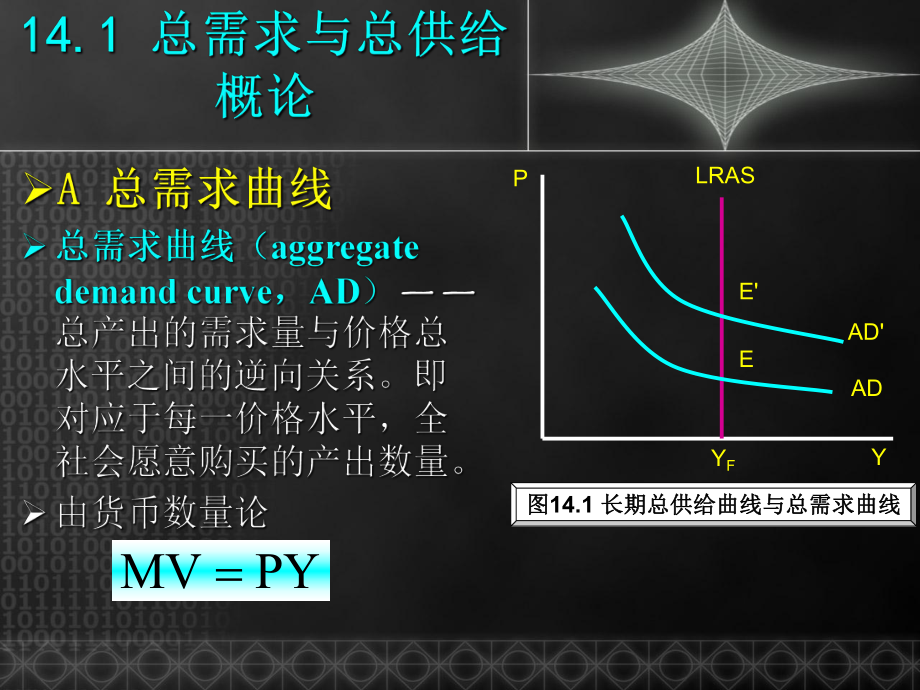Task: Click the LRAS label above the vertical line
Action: [725, 177]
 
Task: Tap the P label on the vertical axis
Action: [520, 179]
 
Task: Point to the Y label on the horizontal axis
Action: [879, 457]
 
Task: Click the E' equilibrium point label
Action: [748, 291]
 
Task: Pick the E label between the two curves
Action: [746, 359]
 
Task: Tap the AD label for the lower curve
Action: [866, 388]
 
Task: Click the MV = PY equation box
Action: [220, 571]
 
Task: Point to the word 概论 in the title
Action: [265, 97]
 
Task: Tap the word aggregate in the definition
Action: [345, 248]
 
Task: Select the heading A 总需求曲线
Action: [194, 190]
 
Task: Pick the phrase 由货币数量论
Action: [163, 514]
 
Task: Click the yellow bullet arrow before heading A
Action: [37, 190]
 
